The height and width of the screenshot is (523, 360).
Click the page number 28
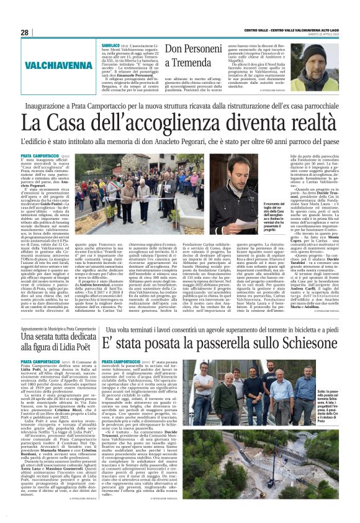[25, 32]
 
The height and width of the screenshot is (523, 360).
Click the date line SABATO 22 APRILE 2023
[321, 32]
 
